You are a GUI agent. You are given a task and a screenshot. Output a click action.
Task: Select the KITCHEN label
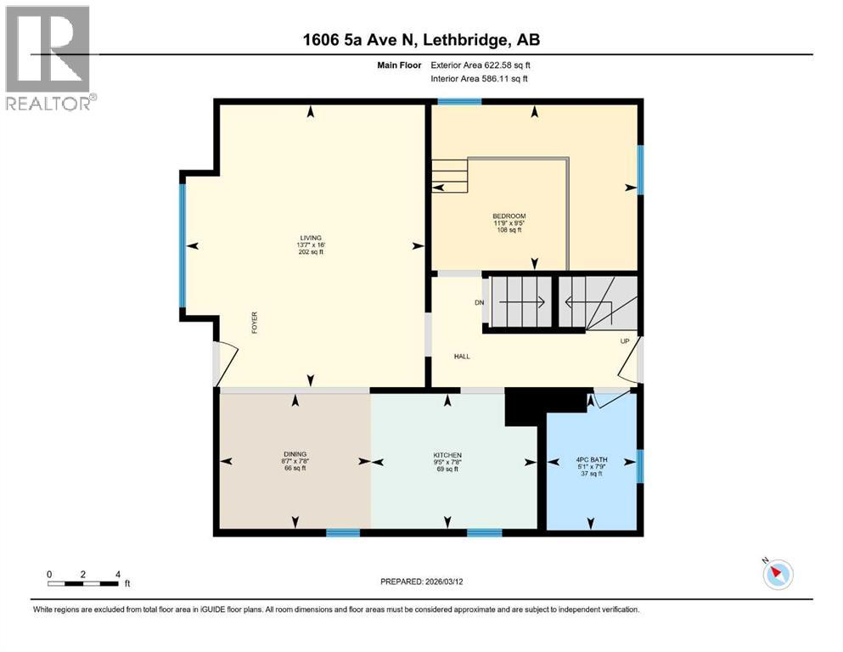447,455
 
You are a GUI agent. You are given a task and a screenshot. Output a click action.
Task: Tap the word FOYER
254,323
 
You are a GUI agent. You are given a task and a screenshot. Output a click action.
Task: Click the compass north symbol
776,574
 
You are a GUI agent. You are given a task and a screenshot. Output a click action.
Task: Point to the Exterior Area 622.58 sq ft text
481,65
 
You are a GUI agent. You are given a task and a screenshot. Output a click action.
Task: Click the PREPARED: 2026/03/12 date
421,582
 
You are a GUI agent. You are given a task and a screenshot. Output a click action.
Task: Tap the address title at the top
421,40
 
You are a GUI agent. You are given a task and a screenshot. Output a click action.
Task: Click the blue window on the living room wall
182,244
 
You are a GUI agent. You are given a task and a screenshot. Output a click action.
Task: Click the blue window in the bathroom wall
640,466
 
